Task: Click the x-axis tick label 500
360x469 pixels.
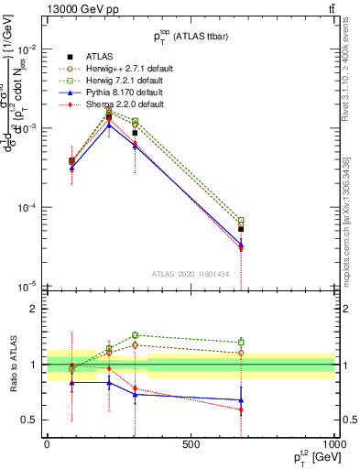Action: point(191,443)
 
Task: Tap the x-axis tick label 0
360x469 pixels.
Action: point(47,443)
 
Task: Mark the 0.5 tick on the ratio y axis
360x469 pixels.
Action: point(30,420)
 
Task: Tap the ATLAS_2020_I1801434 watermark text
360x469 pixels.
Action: point(191,274)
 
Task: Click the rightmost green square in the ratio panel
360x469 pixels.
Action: point(241,343)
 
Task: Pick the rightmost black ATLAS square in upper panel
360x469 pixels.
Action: point(241,229)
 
